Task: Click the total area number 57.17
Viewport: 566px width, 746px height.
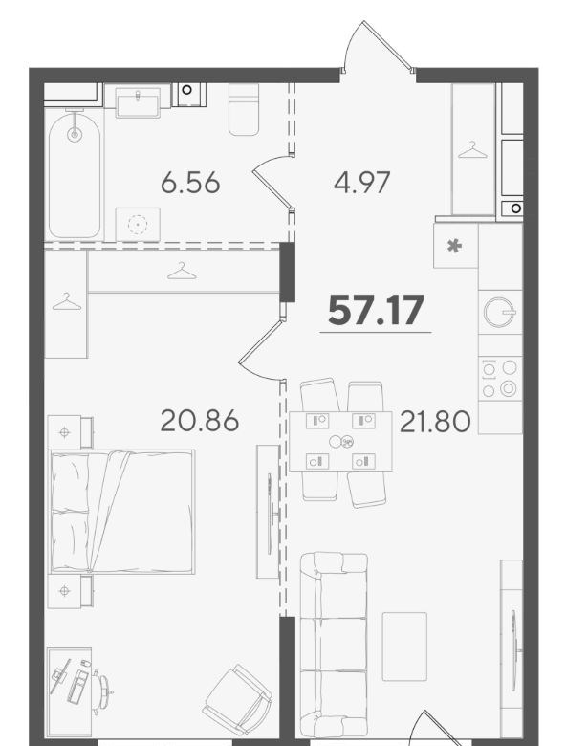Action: click(376, 310)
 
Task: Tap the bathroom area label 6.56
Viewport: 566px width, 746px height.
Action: click(190, 183)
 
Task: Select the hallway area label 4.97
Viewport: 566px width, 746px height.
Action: click(362, 183)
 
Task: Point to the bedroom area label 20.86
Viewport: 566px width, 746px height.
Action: click(199, 421)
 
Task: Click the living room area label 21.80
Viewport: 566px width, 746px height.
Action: click(435, 422)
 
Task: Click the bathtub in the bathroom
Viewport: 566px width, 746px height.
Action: click(75, 174)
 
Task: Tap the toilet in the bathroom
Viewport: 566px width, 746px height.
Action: click(244, 109)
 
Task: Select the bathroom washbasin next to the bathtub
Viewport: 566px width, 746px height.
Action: click(138, 104)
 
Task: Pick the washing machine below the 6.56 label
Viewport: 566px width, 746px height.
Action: click(138, 224)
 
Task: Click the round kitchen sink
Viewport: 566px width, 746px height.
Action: click(498, 312)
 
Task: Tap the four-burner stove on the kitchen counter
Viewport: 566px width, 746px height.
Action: click(499, 378)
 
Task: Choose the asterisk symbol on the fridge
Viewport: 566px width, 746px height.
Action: click(455, 246)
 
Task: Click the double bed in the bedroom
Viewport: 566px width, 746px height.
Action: click(122, 512)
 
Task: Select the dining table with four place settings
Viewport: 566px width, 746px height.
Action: click(340, 442)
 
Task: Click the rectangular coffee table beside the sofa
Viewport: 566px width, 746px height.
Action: click(404, 647)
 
